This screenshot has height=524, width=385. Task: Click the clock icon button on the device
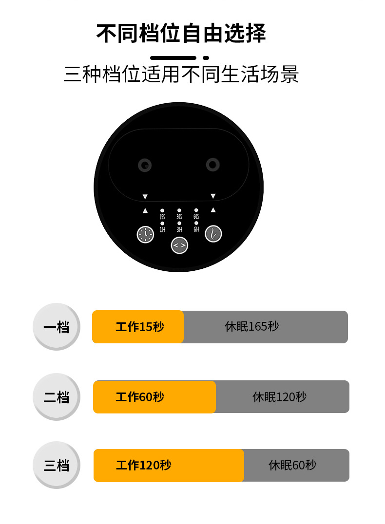click(x=145, y=234)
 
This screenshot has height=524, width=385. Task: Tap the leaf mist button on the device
click(x=213, y=234)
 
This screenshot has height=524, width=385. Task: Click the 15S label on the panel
click(x=162, y=217)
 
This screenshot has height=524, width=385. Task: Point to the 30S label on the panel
click(x=179, y=217)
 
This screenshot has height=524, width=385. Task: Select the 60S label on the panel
click(x=196, y=217)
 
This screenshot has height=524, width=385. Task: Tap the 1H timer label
click(x=162, y=229)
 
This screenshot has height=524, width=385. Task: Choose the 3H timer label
click(x=179, y=229)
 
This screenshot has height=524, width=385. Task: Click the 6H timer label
click(x=196, y=229)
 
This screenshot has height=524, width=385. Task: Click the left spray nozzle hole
click(x=145, y=165)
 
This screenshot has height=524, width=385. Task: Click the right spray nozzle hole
click(x=212, y=165)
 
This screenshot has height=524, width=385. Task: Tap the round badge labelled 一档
click(x=56, y=327)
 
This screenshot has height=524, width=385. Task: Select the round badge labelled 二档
click(x=56, y=397)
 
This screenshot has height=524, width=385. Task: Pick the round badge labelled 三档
click(x=56, y=465)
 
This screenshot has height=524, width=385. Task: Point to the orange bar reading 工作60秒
click(x=154, y=397)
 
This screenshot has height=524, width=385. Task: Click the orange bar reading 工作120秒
click(x=169, y=465)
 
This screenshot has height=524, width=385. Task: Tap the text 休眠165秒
click(x=251, y=326)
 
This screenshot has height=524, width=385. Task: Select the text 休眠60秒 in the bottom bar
click(x=292, y=465)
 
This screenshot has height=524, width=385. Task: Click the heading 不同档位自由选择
click(x=181, y=34)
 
